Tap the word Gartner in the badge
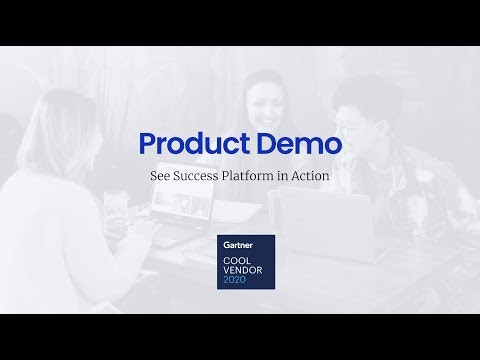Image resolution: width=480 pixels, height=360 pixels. point(237,243)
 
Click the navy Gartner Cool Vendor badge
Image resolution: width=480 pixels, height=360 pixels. point(246,262)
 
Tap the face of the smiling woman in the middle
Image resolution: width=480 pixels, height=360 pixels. point(261,100)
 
